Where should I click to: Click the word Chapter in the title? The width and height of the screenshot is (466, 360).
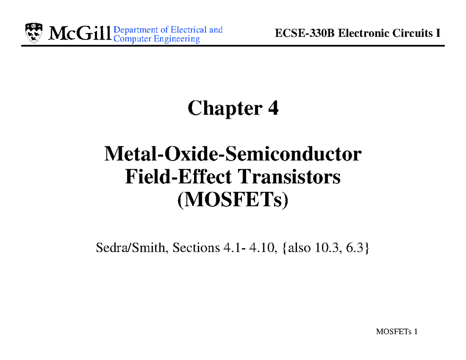[x=221, y=109]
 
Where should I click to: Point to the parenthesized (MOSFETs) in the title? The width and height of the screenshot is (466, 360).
[x=233, y=200]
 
